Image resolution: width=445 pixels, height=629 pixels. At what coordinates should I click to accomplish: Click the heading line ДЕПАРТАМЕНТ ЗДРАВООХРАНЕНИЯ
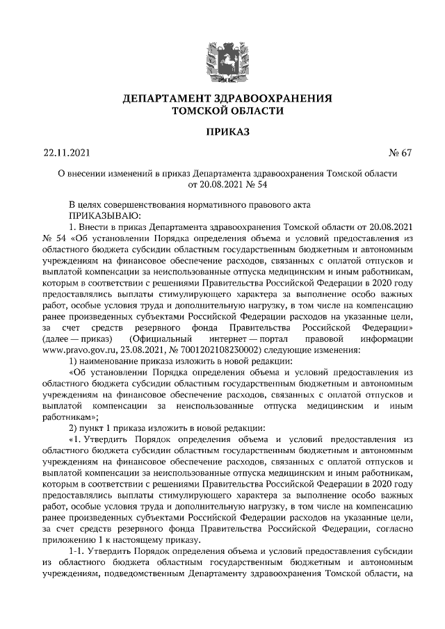click(222, 98)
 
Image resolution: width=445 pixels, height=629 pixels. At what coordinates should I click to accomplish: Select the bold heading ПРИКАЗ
click(222, 131)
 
